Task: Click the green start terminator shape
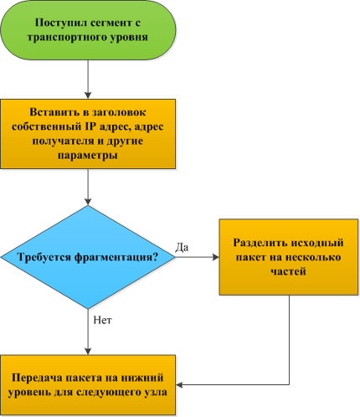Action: [x=88, y=29]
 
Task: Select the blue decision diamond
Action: [x=88, y=257]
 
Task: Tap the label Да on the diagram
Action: [x=182, y=247]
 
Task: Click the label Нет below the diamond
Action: [x=102, y=320]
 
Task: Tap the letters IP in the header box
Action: [x=90, y=126]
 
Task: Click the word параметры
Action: [x=88, y=156]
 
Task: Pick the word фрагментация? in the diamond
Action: [x=116, y=257]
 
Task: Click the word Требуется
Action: [x=44, y=257]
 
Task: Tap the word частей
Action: [x=289, y=271]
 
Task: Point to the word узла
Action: [x=155, y=392]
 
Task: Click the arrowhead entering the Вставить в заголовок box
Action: [x=88, y=95]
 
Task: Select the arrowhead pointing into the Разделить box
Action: [x=215, y=257]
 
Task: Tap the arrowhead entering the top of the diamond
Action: [x=88, y=202]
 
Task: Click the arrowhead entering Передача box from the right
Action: [x=179, y=385]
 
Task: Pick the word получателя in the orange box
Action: [x=63, y=141]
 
